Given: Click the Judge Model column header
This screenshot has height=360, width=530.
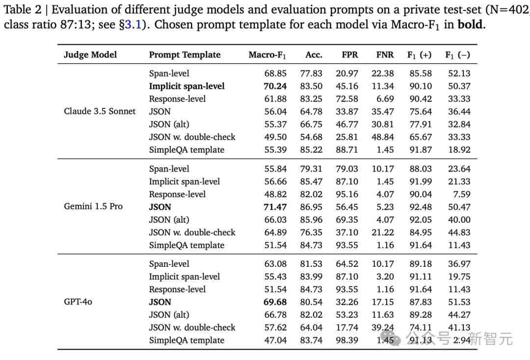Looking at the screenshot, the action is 90,55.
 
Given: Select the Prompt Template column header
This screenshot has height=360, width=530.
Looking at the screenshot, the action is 185,55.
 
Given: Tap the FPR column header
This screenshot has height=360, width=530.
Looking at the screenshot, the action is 349,55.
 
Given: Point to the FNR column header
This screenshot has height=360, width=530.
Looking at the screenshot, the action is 385,55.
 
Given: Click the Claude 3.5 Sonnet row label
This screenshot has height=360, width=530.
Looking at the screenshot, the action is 100,111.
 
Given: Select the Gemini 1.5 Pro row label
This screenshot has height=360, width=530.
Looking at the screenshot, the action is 93,206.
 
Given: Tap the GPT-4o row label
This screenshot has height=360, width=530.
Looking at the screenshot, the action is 78,302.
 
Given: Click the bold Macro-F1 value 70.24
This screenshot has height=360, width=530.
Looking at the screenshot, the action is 275,86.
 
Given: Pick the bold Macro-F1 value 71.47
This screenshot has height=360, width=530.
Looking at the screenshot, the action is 275,206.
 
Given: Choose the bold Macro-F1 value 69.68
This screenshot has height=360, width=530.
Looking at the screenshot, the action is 275,302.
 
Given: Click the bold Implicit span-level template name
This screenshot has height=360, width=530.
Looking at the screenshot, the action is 187,86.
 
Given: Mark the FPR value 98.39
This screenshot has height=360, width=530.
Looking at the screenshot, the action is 347,340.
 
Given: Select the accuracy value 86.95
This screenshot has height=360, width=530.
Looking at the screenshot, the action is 311,206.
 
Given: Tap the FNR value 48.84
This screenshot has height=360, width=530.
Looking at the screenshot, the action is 383,137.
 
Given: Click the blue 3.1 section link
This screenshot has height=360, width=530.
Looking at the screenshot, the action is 133,25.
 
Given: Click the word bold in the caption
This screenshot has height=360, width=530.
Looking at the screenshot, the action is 470,25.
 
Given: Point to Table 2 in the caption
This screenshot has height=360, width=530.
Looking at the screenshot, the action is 23,9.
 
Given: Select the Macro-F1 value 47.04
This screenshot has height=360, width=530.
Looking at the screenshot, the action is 275,340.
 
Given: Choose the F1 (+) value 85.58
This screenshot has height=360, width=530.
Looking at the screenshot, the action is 421,73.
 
